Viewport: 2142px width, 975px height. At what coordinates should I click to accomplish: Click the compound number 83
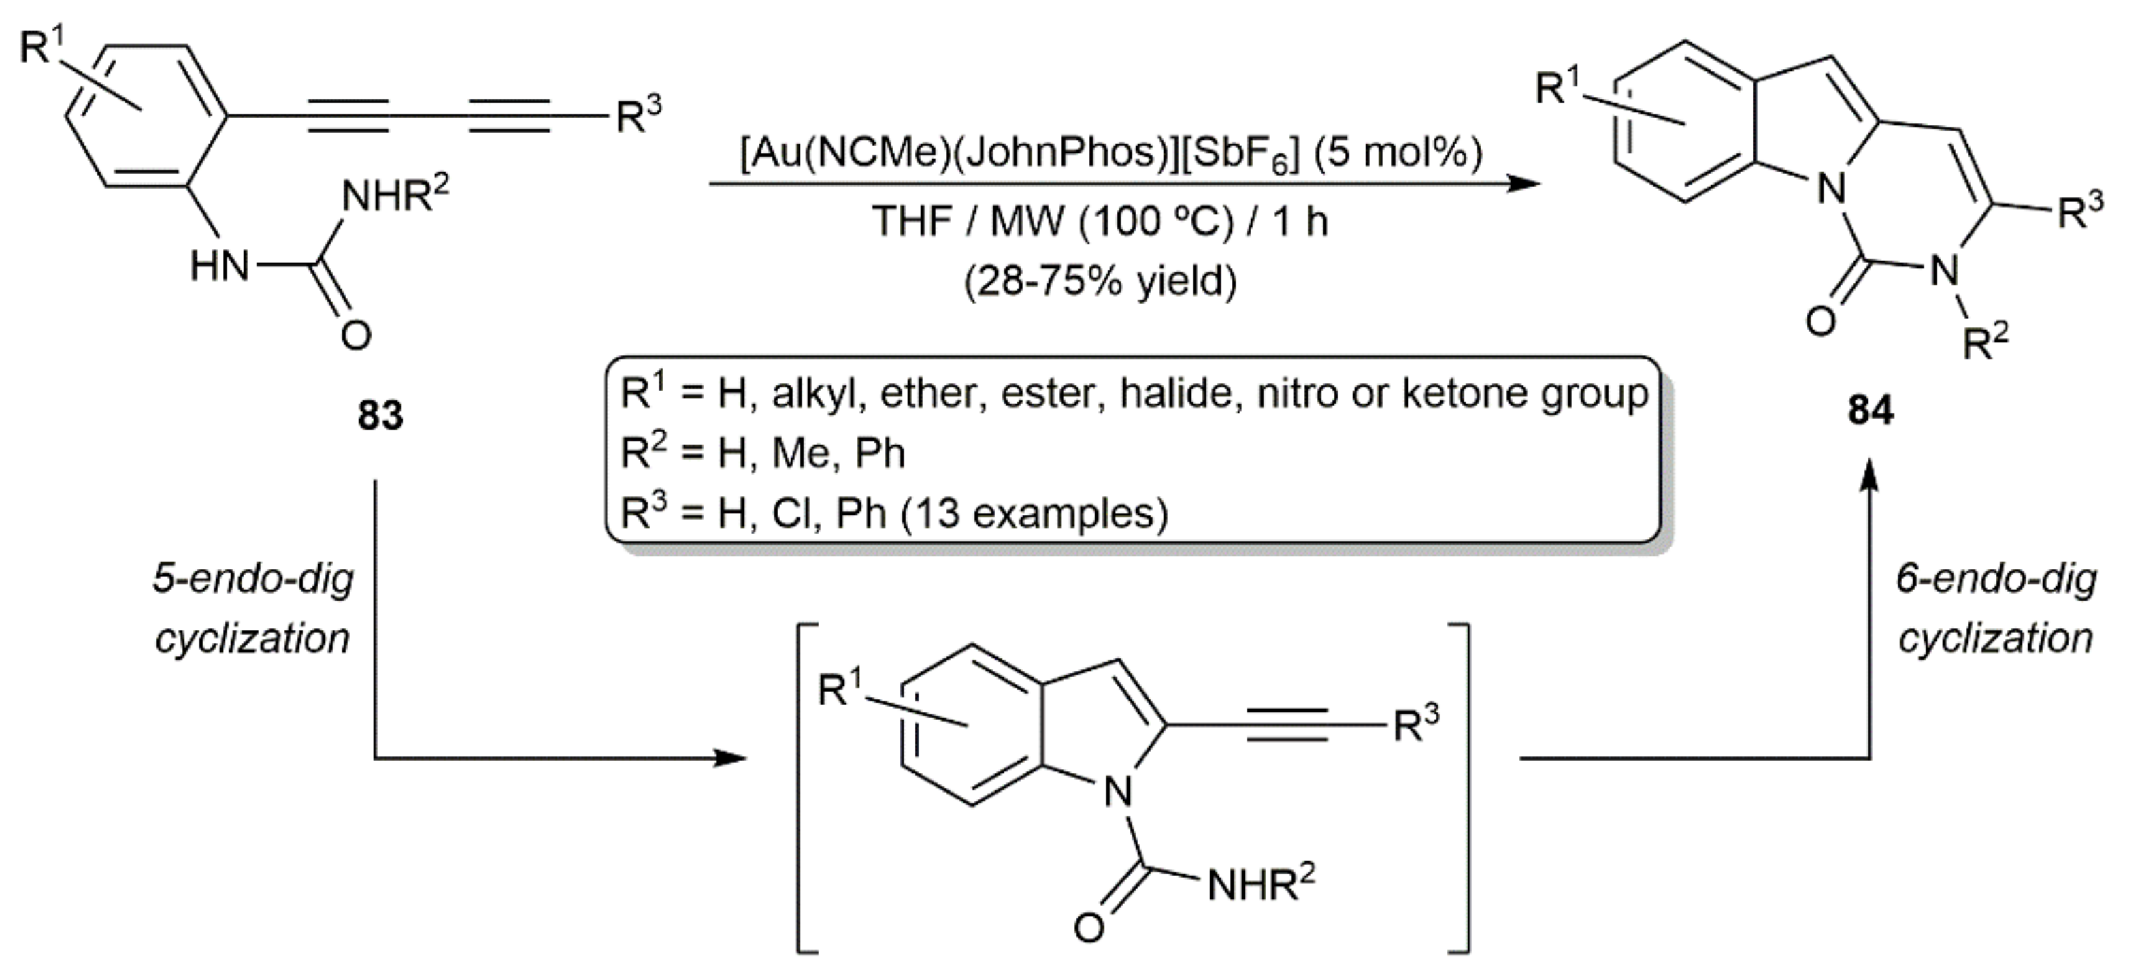tap(380, 414)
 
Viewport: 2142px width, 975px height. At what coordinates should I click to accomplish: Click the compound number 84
tap(1870, 409)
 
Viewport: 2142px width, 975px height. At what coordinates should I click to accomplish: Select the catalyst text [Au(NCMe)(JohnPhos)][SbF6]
tap(1019, 153)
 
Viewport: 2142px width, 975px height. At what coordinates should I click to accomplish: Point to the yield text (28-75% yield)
tap(1100, 282)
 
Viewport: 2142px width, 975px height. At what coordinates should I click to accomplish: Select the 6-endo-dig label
tap(1996, 579)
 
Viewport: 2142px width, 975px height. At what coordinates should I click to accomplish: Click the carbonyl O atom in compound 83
tap(355, 334)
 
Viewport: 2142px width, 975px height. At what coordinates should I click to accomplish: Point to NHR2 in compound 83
tap(395, 198)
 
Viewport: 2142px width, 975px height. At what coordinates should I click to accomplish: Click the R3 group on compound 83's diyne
tap(638, 116)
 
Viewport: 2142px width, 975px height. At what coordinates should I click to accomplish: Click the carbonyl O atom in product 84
tap(1821, 320)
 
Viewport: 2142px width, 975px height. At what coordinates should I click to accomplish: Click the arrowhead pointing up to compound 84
tap(1869, 479)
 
